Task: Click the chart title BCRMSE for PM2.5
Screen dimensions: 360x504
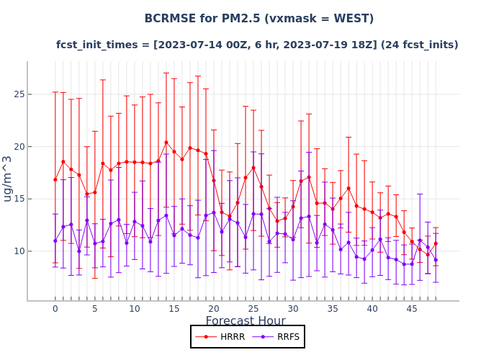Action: [258, 19]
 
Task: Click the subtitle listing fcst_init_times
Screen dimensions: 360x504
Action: [257, 45]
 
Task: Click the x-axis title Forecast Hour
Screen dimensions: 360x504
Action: [246, 321]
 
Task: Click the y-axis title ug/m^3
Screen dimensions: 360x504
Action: [8, 178]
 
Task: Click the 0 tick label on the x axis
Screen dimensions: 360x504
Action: [55, 309]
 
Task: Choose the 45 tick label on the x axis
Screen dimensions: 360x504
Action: [412, 309]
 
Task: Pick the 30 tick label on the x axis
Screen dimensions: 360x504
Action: [293, 309]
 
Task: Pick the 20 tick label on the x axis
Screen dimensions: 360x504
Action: [214, 309]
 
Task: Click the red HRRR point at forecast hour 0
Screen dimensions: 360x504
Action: [55, 179]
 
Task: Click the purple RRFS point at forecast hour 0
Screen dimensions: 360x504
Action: [55, 240]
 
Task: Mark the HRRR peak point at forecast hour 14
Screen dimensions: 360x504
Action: [166, 143]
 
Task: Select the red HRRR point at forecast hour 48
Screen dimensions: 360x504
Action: [436, 243]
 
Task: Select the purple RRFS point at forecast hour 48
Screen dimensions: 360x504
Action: [436, 260]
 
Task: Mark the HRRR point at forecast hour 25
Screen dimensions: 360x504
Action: [253, 168]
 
